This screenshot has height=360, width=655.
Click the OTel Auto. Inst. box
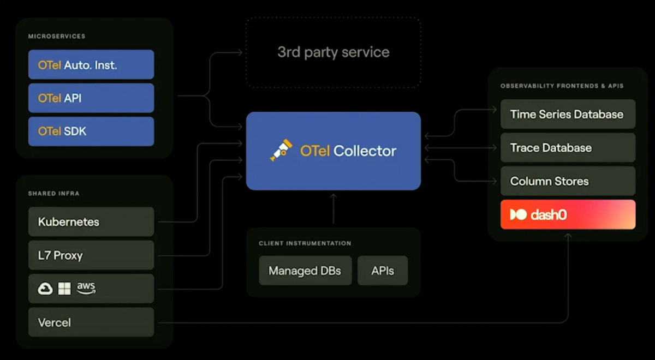tap(91, 65)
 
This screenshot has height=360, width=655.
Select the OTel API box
tap(91, 98)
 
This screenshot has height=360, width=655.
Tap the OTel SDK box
tap(91, 131)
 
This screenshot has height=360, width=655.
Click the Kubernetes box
tap(91, 222)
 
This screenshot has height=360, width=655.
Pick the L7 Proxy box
tap(91, 255)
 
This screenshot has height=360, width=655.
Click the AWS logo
tap(86, 287)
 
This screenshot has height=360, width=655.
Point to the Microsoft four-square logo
tap(64, 289)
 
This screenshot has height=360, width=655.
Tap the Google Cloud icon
tap(45, 289)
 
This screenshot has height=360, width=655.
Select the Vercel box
tap(91, 322)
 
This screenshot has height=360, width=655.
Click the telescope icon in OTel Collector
tap(281, 150)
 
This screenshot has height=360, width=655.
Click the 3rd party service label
tap(333, 52)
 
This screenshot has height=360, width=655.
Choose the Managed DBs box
tap(305, 271)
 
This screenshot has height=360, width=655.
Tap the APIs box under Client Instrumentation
tap(383, 271)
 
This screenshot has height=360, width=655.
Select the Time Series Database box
tap(568, 115)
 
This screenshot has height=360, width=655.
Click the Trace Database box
tap(568, 148)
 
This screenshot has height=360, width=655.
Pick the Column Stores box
tap(568, 181)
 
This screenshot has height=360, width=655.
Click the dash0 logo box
tap(568, 214)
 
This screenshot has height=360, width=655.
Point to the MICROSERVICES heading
tap(57, 37)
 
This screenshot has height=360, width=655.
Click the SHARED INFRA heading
tap(54, 194)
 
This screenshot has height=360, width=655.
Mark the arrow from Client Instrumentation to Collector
tap(334, 208)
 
